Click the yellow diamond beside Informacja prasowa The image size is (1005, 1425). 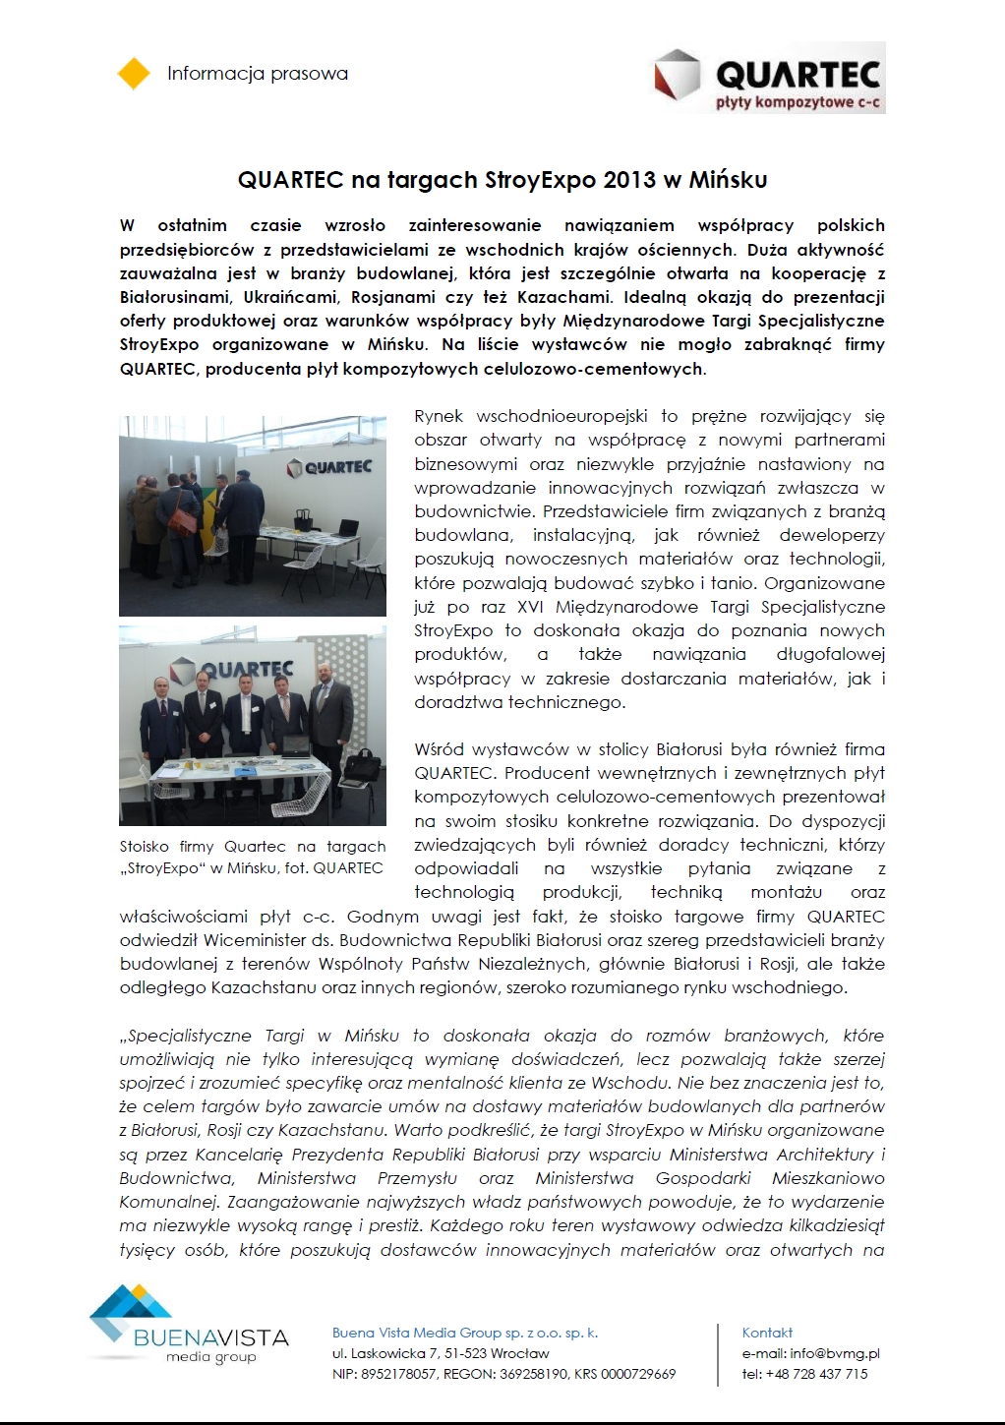point(133,74)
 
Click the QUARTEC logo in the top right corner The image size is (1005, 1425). point(769,77)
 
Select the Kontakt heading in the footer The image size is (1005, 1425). point(767,1333)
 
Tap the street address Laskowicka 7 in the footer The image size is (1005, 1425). point(405,1353)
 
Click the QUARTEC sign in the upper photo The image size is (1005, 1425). point(329,466)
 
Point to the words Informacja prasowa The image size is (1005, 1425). point(258,74)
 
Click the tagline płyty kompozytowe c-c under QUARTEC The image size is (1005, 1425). point(798,102)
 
